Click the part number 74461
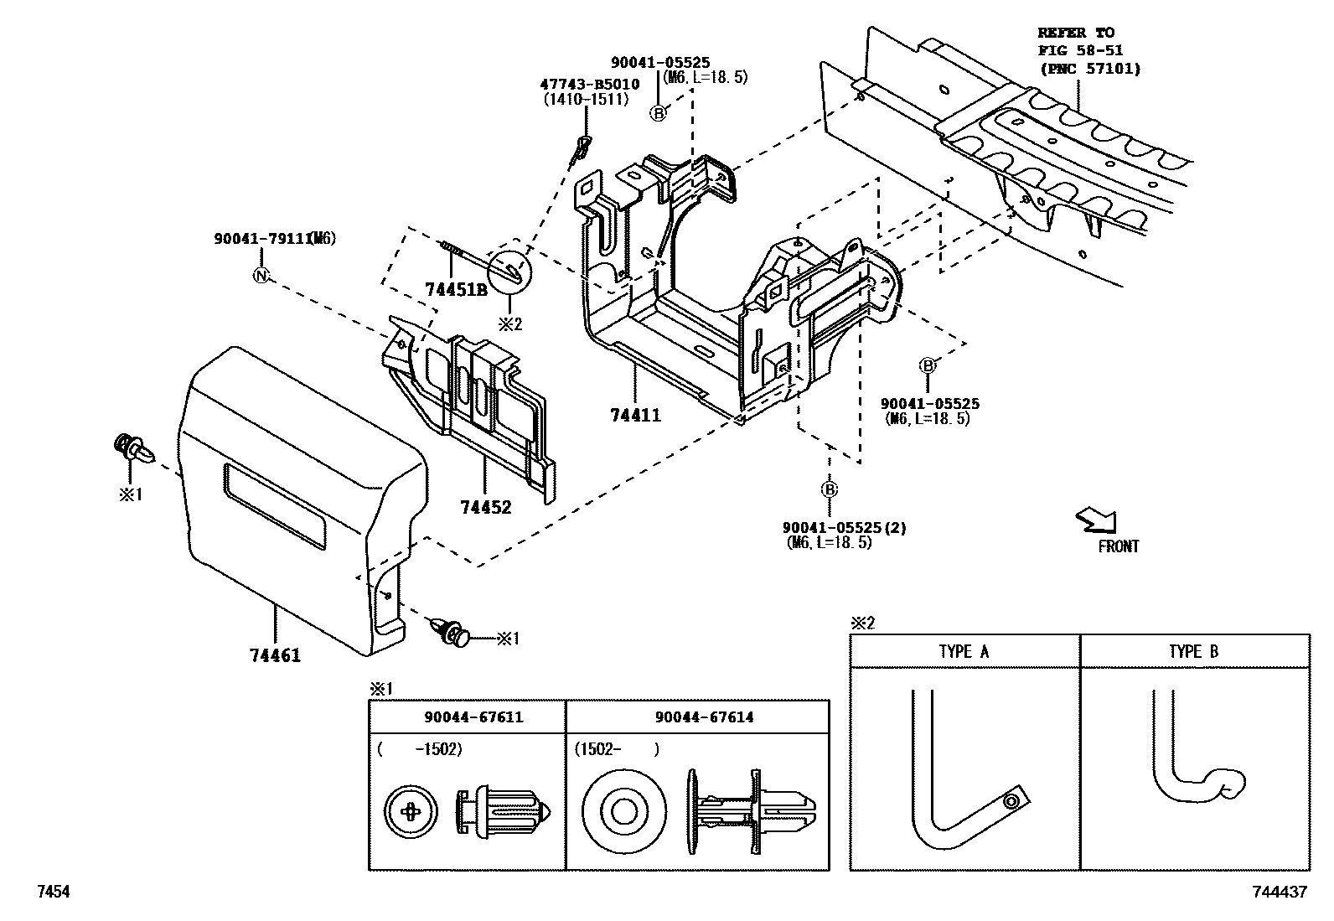point(275,655)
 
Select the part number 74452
point(485,507)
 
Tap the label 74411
point(634,415)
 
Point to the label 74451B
point(456,290)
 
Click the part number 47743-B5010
point(589,84)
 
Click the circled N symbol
point(261,275)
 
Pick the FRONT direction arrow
point(1096,520)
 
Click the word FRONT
point(1118,546)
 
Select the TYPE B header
point(1193,651)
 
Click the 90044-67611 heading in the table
point(473,717)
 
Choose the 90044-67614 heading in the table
point(704,717)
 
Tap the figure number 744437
point(1280,893)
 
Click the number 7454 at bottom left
point(51,893)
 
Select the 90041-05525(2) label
point(844,528)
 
